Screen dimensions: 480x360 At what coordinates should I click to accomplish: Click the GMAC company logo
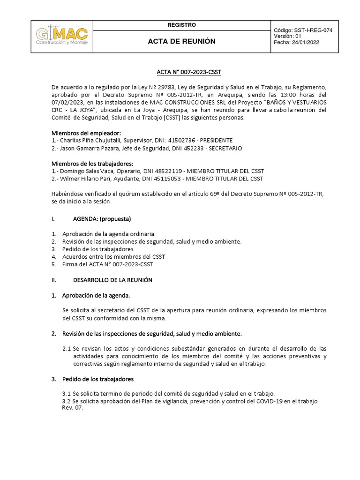62,36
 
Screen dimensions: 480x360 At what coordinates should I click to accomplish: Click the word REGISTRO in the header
181,25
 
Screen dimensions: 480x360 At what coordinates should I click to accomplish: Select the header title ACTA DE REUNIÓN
181,41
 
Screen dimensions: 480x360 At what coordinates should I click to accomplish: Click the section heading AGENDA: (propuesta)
102,219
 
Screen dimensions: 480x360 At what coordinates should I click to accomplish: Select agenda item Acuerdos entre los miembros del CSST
114,257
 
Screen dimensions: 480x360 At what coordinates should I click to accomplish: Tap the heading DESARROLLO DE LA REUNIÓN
112,280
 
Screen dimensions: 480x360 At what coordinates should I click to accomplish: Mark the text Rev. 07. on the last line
72,408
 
